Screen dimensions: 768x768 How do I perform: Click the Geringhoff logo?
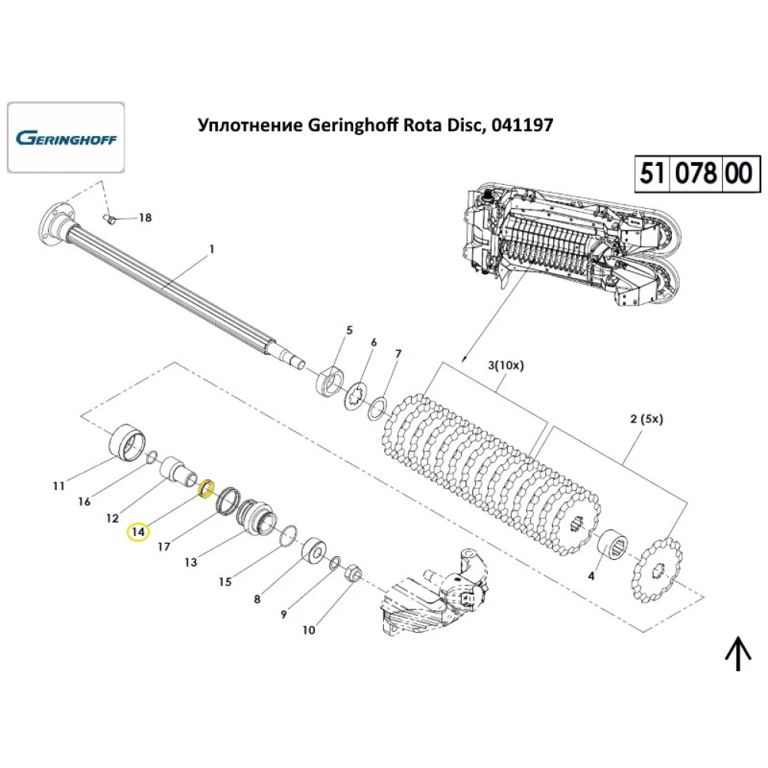point(65,139)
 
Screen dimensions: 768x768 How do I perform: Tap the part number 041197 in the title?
point(521,125)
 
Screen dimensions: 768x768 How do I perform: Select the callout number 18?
point(144,218)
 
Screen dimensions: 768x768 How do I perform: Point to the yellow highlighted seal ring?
point(206,488)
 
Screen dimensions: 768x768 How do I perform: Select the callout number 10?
point(309,631)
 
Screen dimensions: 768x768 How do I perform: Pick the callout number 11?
point(59,485)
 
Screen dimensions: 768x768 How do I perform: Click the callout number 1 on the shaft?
point(211,249)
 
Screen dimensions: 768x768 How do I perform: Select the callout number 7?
point(398,354)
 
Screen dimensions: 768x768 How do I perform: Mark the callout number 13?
point(190,562)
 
